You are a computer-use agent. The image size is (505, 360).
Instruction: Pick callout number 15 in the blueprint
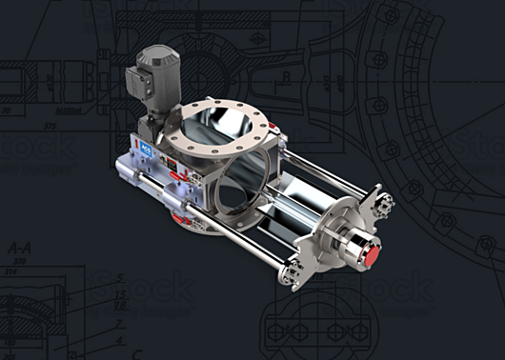(120, 294)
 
